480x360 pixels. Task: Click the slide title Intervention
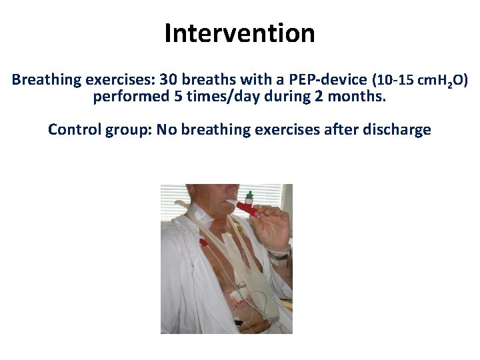(x=240, y=33)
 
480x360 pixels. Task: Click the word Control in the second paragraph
(x=73, y=129)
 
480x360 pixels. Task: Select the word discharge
(x=401, y=129)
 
